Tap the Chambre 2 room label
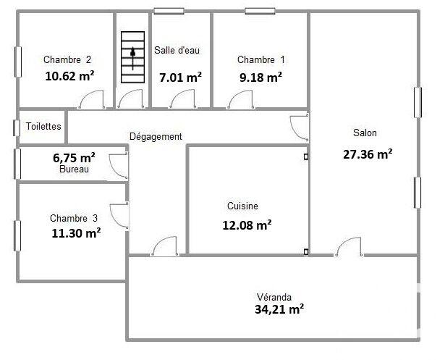67,60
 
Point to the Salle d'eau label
177,51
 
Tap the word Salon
365,133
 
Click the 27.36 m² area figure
367,154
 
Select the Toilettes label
43,126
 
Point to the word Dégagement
156,136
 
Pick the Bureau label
75,169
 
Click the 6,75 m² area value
75,157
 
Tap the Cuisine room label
242,206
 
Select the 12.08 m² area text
247,225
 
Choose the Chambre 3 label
74,218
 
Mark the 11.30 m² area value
76,233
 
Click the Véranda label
274,297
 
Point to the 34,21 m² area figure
278,310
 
